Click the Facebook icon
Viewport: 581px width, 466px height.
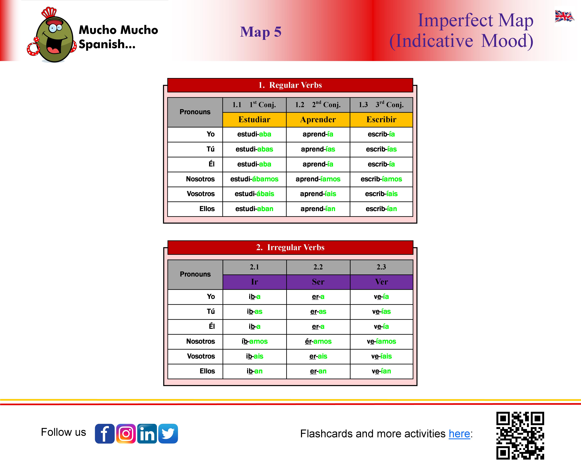pyautogui.click(x=105, y=433)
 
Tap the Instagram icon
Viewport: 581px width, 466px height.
pyautogui.click(x=126, y=433)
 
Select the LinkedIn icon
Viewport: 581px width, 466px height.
pyautogui.click(x=147, y=433)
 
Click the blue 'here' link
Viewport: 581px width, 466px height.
pyautogui.click(x=459, y=434)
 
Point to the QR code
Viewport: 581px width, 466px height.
pyautogui.click(x=520, y=435)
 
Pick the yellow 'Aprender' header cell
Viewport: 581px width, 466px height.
pyautogui.click(x=318, y=120)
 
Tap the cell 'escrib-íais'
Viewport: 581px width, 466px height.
pyautogui.click(x=381, y=194)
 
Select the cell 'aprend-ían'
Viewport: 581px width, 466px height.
pyautogui.click(x=318, y=209)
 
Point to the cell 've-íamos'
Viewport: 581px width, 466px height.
pyautogui.click(x=381, y=341)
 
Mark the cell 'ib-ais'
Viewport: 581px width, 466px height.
pyautogui.click(x=254, y=356)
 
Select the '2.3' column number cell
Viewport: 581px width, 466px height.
pyautogui.click(x=381, y=267)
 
